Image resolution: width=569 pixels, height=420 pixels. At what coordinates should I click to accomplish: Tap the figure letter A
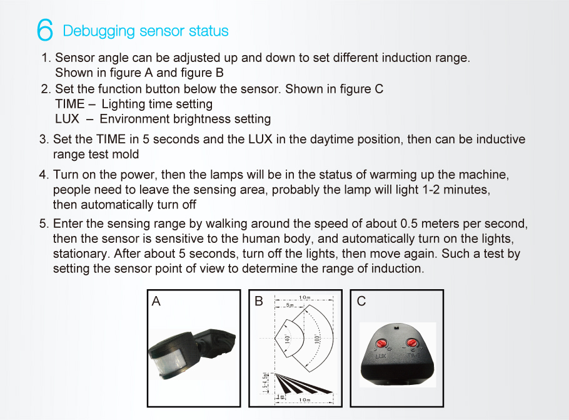pyautogui.click(x=156, y=302)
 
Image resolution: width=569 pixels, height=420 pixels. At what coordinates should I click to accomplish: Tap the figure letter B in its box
pyautogui.click(x=259, y=302)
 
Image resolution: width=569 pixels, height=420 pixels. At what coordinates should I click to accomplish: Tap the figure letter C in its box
pyautogui.click(x=361, y=302)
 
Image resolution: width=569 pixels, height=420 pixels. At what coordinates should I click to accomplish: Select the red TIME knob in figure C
pyautogui.click(x=412, y=342)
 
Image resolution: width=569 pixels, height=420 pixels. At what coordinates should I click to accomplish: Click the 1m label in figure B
pyautogui.click(x=282, y=396)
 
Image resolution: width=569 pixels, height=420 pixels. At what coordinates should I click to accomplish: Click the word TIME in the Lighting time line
pyautogui.click(x=69, y=104)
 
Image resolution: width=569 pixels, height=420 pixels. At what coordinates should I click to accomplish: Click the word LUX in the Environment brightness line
pyautogui.click(x=67, y=118)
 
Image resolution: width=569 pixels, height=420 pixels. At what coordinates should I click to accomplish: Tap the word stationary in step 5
pyautogui.click(x=79, y=254)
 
